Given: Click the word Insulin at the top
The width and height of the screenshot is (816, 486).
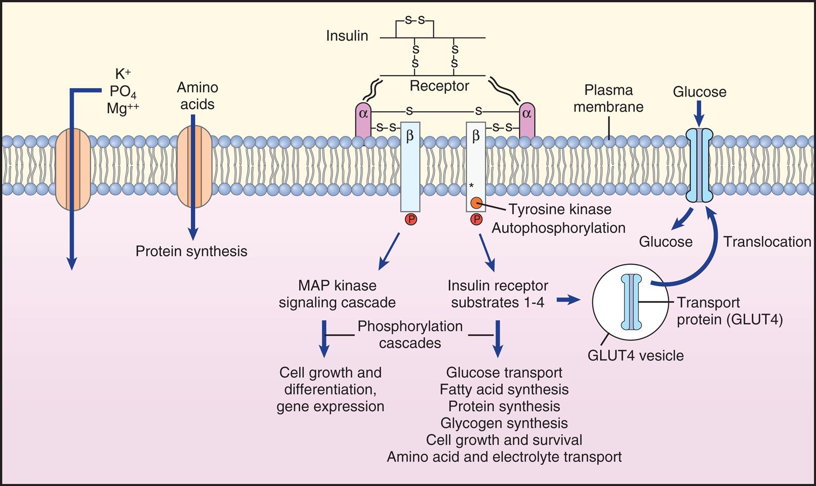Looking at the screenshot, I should click(347, 36).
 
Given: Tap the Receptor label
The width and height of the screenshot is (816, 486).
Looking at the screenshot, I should click(439, 86).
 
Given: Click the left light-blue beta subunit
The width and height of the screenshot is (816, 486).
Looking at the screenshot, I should click(410, 167).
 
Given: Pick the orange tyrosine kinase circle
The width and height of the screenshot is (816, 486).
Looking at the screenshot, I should click(476, 203).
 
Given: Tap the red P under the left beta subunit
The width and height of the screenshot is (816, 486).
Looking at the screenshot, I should click(411, 219).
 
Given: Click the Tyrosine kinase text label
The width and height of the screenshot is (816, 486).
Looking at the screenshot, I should click(560, 209).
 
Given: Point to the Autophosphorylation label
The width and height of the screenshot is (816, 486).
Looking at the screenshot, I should click(558, 228).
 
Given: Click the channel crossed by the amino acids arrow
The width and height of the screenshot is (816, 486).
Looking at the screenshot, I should click(192, 167).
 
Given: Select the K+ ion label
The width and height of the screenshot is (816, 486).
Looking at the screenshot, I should click(123, 74).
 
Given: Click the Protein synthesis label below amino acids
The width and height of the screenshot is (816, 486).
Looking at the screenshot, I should click(191, 251).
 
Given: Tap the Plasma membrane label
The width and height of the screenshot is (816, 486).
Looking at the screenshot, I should click(608, 99).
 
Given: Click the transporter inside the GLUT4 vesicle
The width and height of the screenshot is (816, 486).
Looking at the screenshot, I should click(631, 302).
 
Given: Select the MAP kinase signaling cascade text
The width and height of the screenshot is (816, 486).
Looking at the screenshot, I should click(337, 294).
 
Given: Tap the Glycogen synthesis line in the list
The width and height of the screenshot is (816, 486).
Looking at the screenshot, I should click(504, 423).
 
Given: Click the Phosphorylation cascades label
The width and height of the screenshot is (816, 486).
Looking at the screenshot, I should click(410, 334).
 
